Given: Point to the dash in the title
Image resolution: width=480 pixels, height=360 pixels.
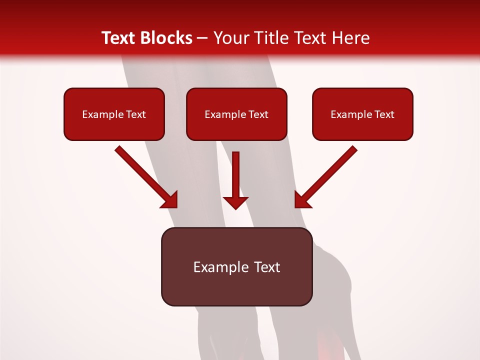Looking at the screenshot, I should coord(202,38).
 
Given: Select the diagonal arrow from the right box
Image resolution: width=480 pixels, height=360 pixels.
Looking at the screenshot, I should coord(330,172).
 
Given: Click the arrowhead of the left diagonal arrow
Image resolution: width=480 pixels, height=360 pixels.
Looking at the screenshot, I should coord(170,200).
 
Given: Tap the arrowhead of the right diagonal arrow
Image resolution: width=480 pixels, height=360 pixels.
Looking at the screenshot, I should coord(301,200).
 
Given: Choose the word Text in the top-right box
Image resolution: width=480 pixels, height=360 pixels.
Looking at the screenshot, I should coord(384,114).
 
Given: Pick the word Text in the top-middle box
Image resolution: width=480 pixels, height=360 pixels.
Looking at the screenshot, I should coord(258,114).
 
